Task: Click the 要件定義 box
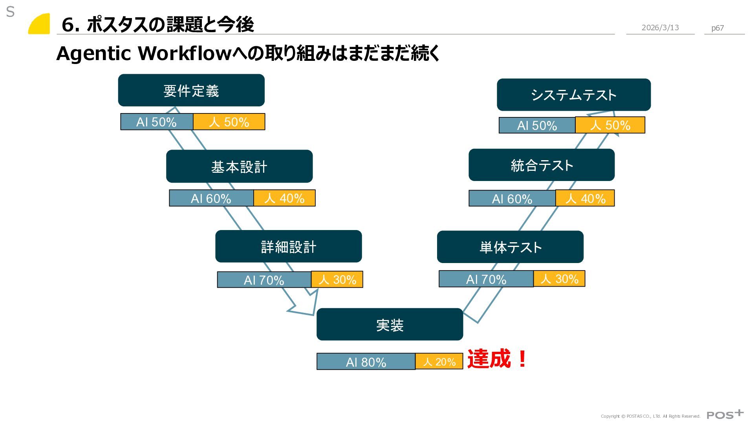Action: (191, 90)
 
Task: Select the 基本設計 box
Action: (239, 166)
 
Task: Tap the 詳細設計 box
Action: (288, 247)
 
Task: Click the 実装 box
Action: (390, 325)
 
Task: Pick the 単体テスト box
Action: (510, 247)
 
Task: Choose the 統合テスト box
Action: (542, 165)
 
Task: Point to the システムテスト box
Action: (573, 95)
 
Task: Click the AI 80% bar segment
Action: (366, 362)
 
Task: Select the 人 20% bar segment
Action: (439, 362)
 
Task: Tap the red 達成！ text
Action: (497, 359)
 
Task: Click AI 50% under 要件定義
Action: (156, 122)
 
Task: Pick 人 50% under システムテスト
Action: (610, 125)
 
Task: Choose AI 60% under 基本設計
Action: (211, 198)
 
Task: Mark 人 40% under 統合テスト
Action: (585, 198)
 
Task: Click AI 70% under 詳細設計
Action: (264, 280)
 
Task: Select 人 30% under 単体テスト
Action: (559, 279)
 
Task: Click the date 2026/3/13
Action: (660, 27)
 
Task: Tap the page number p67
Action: (717, 28)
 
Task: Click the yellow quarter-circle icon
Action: (40, 24)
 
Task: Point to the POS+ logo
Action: (725, 415)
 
